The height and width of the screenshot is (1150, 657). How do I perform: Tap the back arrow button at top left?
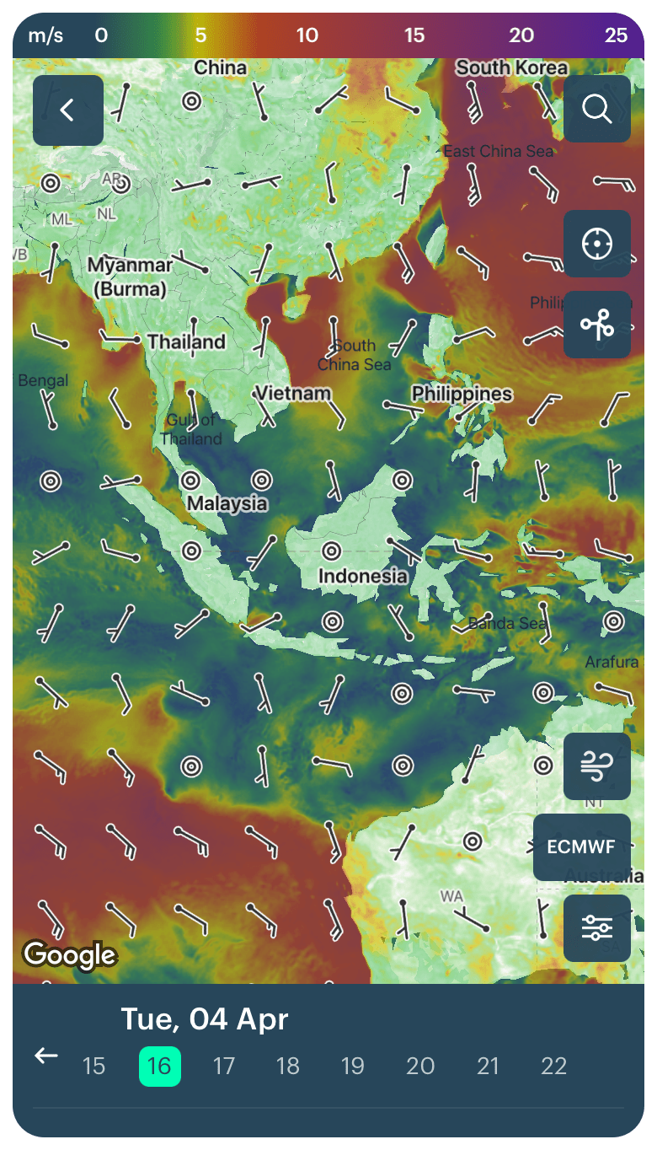[x=67, y=110]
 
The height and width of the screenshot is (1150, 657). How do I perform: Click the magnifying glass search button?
[x=596, y=109]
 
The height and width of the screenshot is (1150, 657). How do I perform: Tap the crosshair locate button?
[x=596, y=244]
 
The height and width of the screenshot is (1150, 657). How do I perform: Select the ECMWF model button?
[x=581, y=847]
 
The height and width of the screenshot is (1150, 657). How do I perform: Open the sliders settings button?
[x=596, y=928]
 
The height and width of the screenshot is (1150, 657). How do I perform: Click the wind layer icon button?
[x=596, y=766]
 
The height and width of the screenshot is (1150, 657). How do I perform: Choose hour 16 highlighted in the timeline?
[x=159, y=1066]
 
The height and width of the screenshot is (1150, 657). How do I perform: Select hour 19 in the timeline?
[x=352, y=1066]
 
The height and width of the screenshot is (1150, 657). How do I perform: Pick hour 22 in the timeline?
[x=553, y=1066]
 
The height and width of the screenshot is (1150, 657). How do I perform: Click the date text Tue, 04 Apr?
[x=204, y=1019]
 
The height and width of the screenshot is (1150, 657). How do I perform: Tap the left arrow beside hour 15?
[x=46, y=1056]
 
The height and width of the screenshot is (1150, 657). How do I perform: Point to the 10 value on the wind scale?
[x=307, y=35]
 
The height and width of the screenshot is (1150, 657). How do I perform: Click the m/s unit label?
[x=45, y=35]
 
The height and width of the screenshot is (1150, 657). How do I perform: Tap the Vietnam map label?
[x=292, y=394]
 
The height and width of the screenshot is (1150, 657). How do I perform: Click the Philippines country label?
[x=461, y=394]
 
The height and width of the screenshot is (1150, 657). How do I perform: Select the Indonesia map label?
[x=362, y=577]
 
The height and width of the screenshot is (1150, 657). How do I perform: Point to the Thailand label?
[x=186, y=342]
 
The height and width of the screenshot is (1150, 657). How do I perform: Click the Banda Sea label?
[x=507, y=624]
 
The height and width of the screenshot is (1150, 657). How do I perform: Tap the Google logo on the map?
[x=69, y=955]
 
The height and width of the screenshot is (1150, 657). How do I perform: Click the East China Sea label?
[x=498, y=152]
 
